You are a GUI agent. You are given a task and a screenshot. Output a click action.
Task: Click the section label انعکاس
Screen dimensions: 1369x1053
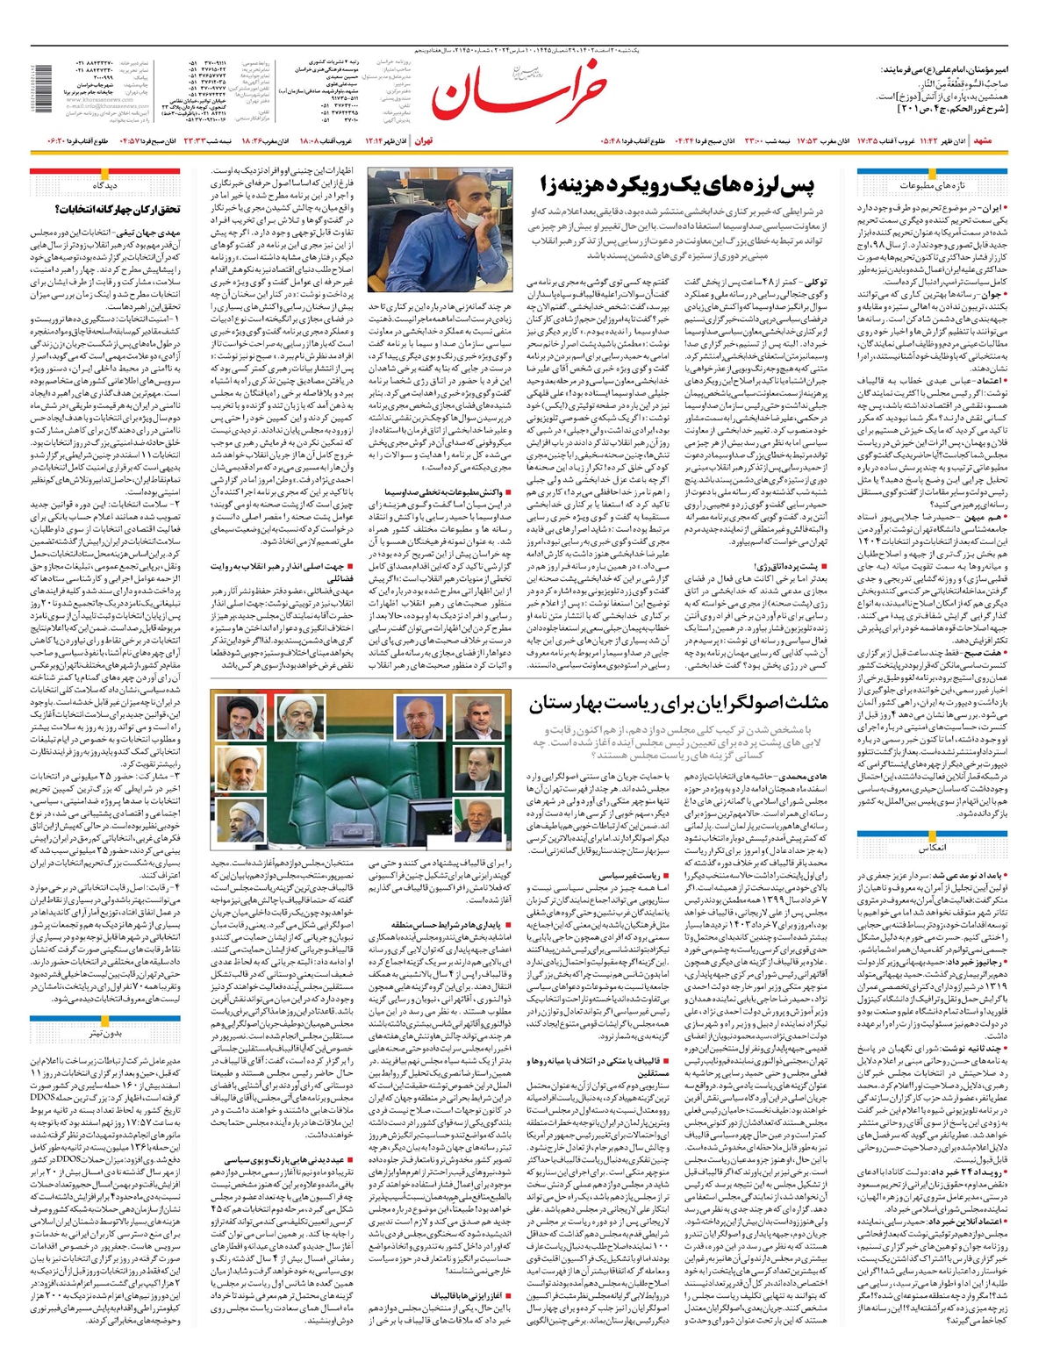coord(930,850)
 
